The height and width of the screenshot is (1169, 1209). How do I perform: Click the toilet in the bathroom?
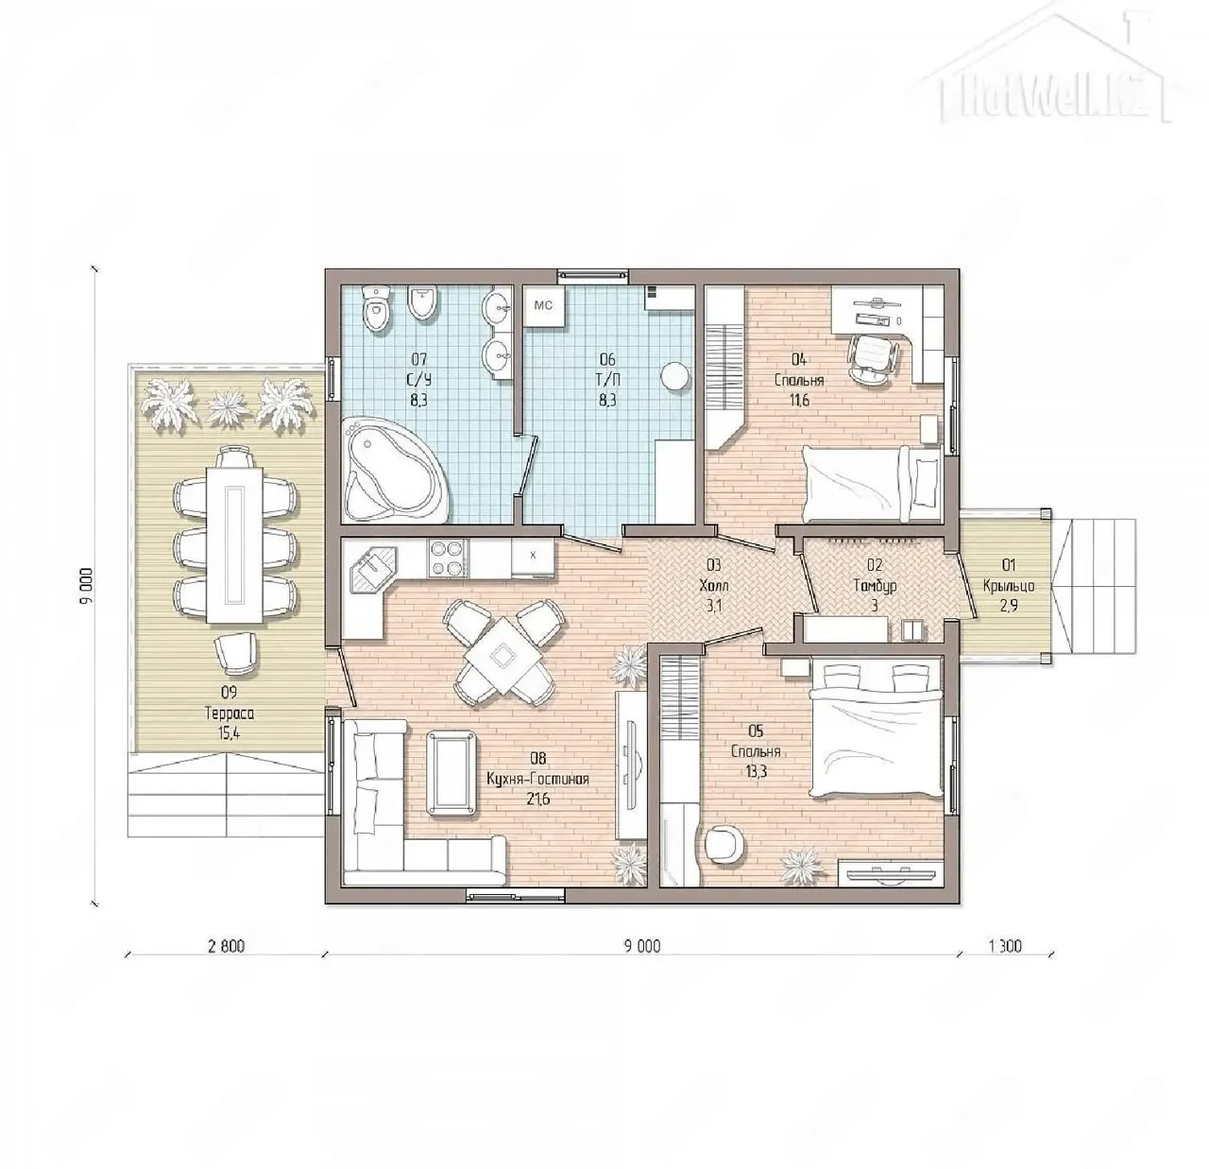[377, 309]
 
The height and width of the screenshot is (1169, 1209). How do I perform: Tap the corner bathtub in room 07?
[391, 470]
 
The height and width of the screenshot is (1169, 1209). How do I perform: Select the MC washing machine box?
[544, 305]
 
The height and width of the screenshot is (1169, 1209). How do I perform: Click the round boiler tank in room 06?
[674, 377]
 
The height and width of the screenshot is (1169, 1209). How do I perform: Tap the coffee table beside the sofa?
[452, 772]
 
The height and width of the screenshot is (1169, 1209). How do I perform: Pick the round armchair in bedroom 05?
[728, 843]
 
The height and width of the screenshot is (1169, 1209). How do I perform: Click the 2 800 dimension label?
[226, 947]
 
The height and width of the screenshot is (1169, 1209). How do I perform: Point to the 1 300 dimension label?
[1005, 947]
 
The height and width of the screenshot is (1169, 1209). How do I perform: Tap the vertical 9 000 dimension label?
[88, 585]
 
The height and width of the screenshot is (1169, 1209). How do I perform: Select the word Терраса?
[230, 713]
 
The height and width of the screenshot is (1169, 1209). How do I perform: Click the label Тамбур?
[875, 585]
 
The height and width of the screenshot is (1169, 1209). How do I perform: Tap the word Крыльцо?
[1009, 585]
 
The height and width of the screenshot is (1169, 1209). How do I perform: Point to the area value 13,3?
[755, 772]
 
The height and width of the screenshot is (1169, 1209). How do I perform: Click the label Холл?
[714, 585]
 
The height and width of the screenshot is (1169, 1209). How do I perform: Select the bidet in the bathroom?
[423, 304]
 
